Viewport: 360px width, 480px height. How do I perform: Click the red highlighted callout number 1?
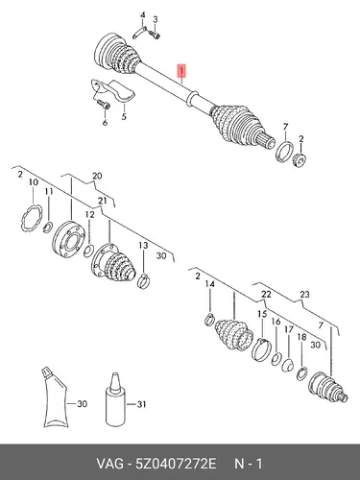[181, 71]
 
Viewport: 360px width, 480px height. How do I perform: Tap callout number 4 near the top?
[143, 15]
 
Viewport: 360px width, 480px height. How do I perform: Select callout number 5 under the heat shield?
[124, 116]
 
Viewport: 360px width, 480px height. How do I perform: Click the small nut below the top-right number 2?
[300, 160]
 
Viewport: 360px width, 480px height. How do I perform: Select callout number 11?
[49, 191]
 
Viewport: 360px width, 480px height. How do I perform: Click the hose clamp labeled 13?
[143, 280]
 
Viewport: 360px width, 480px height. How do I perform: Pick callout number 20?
[97, 176]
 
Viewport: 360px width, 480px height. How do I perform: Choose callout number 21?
[102, 201]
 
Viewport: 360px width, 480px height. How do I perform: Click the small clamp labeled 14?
[209, 320]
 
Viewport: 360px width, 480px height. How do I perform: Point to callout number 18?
[301, 337]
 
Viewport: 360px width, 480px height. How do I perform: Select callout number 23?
[304, 294]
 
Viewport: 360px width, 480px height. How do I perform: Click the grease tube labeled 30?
[55, 396]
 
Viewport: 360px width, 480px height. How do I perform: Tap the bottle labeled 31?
[115, 400]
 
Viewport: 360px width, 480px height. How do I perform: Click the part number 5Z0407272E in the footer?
[176, 464]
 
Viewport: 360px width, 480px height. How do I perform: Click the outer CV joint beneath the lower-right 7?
[326, 387]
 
